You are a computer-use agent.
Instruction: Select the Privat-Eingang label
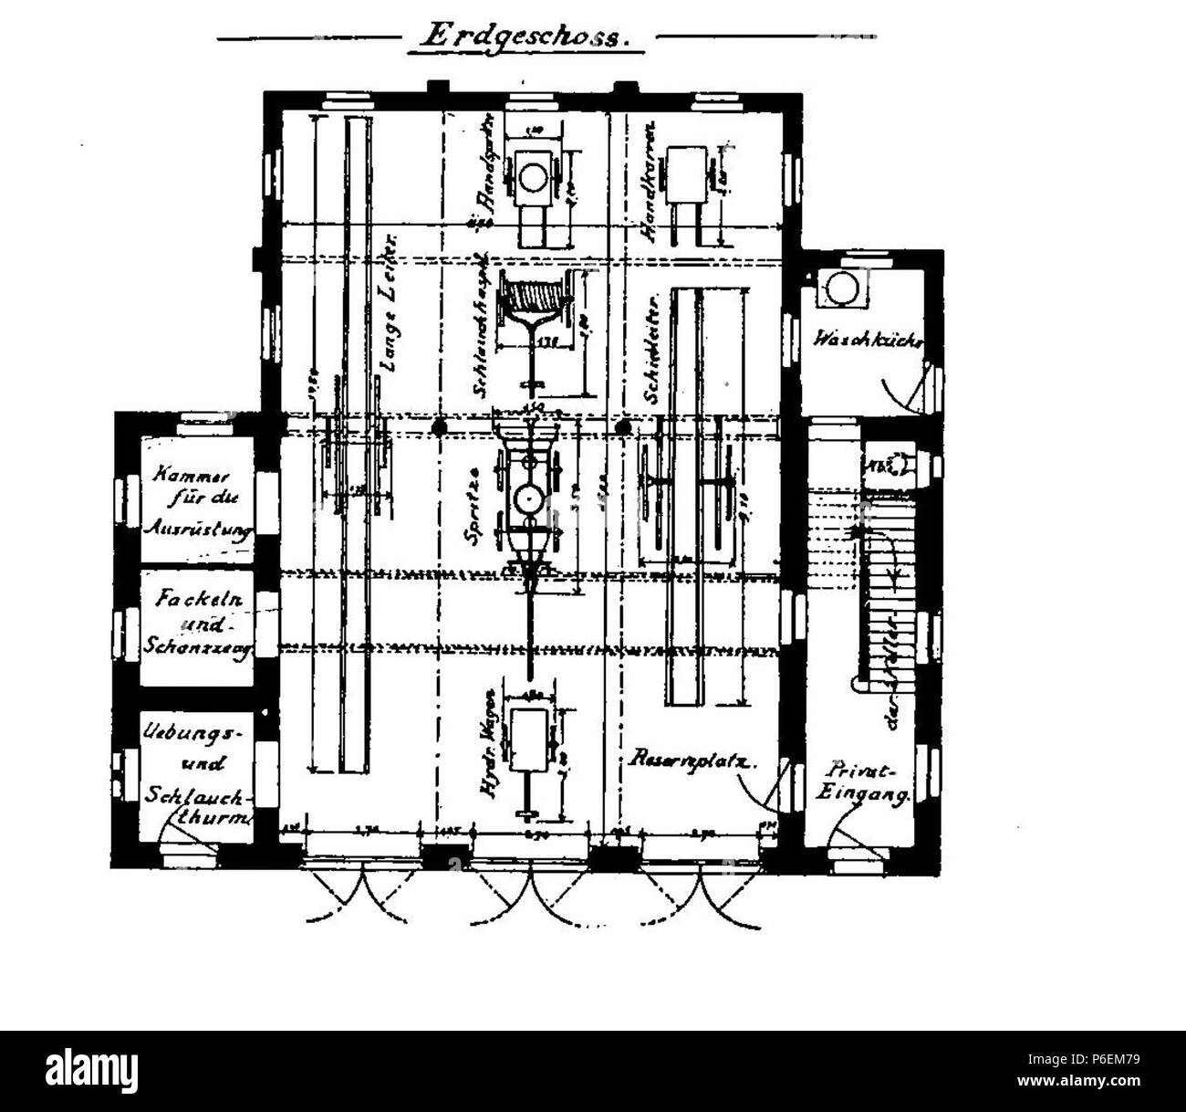pyautogui.click(x=865, y=782)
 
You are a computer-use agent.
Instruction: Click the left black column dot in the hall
pyautogui.click(x=440, y=426)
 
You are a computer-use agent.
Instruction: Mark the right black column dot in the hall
pyautogui.click(x=624, y=426)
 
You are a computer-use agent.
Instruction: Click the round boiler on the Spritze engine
pyautogui.click(x=528, y=498)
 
